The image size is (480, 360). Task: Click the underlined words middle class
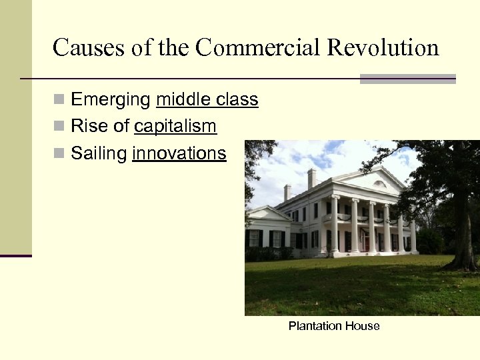207,100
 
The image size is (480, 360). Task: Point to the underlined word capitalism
175,126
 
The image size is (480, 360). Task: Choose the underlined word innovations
179,153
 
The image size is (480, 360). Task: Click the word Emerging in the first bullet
111,100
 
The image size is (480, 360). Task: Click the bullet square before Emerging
59,100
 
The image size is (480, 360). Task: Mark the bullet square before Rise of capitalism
59,126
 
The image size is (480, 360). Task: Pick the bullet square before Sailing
59,154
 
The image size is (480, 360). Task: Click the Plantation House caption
334,326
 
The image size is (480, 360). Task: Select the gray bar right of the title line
407,79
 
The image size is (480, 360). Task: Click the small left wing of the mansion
267,230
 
